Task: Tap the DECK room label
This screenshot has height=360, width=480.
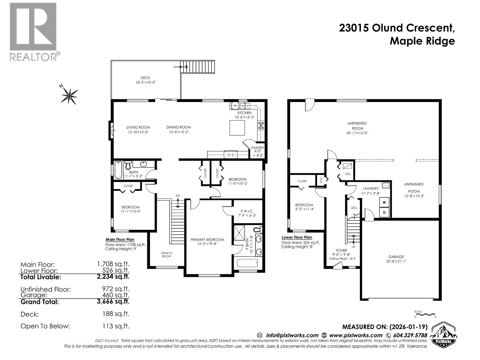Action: pos(145,78)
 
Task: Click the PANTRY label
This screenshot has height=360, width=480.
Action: pos(257,148)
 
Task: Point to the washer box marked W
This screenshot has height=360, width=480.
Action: pos(384,202)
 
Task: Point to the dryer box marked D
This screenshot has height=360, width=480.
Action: pos(384,213)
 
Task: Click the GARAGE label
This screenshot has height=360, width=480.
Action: pos(396,257)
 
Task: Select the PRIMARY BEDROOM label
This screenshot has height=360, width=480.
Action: pos(207,239)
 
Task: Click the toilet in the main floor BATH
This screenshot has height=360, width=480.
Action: pos(128,165)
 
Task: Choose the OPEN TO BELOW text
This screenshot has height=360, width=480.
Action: pos(166,254)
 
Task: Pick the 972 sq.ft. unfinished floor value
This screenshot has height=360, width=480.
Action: pos(116,289)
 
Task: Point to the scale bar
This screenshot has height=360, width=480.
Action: pos(424,314)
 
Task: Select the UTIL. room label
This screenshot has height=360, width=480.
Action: pos(348,174)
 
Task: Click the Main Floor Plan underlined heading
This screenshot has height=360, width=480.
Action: pos(120,239)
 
